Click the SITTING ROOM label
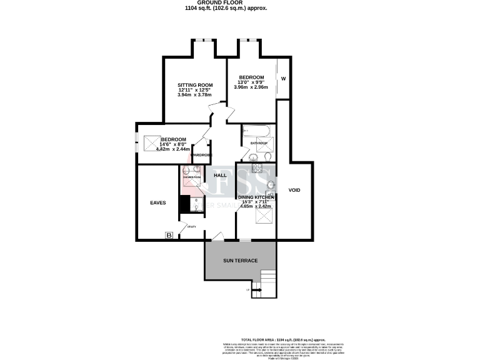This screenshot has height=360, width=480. click(195, 84)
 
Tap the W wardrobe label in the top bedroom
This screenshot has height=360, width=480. click(283, 79)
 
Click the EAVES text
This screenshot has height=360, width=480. click(157, 202)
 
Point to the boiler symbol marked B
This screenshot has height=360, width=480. click(168, 235)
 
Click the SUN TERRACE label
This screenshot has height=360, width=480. click(241, 260)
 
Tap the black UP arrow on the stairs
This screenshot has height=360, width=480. click(256, 290)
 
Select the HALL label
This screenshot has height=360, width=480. click(220, 175)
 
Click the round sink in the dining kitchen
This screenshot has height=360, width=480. click(271, 184)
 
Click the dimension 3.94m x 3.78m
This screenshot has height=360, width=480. click(195, 95)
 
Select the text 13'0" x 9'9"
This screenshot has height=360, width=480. click(251, 82)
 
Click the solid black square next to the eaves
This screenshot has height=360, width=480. click(184, 204)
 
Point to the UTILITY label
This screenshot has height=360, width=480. click(192, 227)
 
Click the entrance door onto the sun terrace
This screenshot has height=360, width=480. click(216, 237)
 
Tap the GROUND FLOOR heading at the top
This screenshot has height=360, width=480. click(240, 3)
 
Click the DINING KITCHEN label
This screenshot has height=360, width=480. click(256, 197)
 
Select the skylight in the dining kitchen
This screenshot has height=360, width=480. click(266, 217)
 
